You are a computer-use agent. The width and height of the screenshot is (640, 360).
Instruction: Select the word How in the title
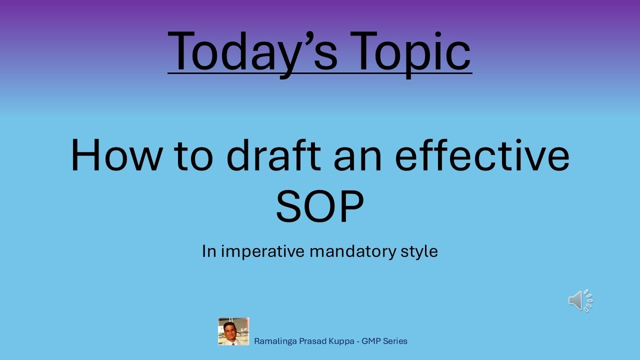click(116, 154)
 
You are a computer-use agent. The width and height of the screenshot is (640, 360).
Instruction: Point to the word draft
click(273, 154)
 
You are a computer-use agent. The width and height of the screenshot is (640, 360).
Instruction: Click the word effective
click(482, 154)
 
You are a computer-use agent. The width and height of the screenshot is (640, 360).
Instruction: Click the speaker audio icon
click(580, 300)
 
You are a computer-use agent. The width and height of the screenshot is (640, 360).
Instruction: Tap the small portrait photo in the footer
click(233, 331)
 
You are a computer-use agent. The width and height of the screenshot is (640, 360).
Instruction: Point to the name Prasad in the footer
click(309, 341)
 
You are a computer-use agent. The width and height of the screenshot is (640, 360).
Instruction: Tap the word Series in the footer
click(396, 341)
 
